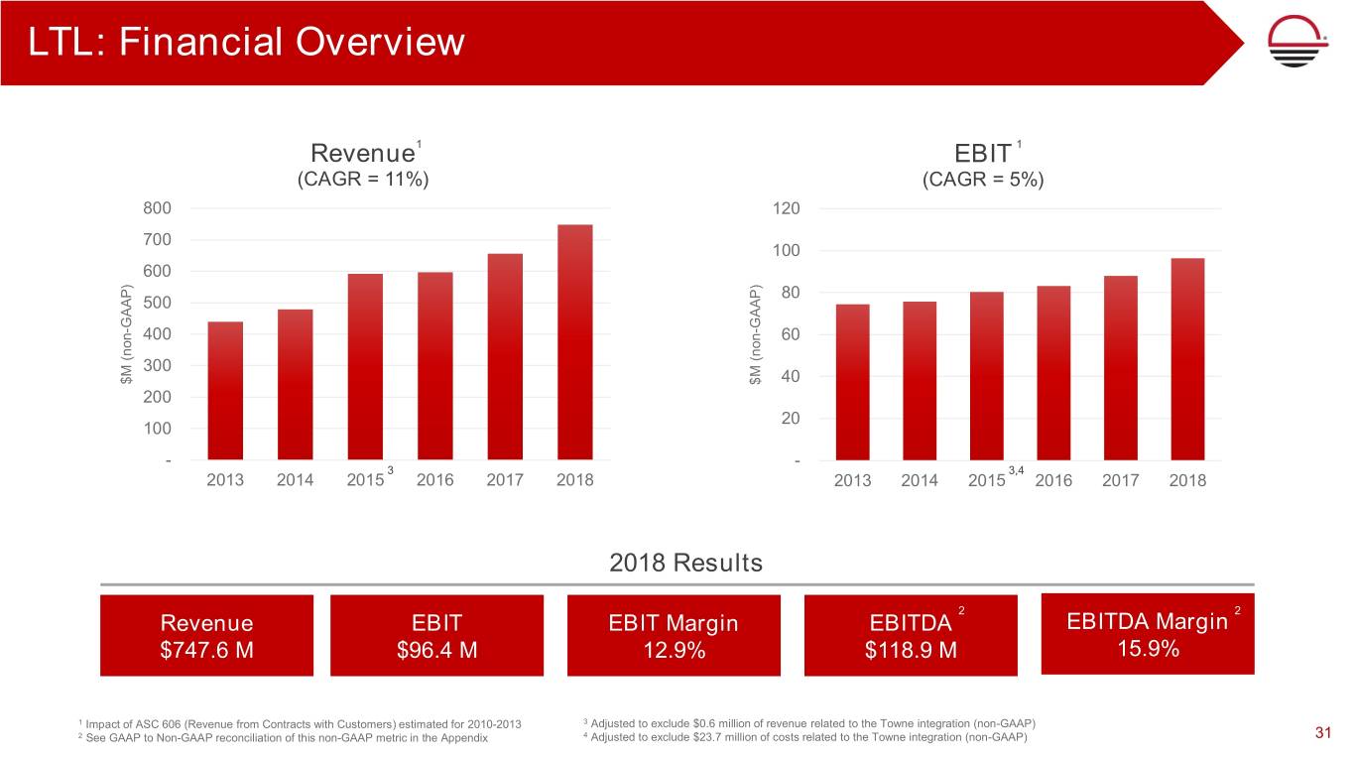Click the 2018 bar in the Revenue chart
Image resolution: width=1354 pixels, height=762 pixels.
point(575,342)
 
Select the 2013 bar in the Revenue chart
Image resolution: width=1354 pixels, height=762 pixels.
point(225,391)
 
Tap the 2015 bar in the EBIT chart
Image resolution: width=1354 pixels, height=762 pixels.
point(986,376)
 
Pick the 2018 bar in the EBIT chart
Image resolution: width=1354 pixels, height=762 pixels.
point(1186,359)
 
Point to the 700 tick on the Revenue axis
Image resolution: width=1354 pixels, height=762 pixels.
point(156,239)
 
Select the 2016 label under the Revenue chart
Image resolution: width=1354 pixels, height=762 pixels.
point(434,480)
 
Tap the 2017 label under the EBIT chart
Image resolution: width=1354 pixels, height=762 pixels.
point(1120,480)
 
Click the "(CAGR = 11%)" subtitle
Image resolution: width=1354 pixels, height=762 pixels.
point(363,181)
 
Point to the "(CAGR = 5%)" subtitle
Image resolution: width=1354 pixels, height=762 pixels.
point(983,181)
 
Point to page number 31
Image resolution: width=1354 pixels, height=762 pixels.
point(1321,733)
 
